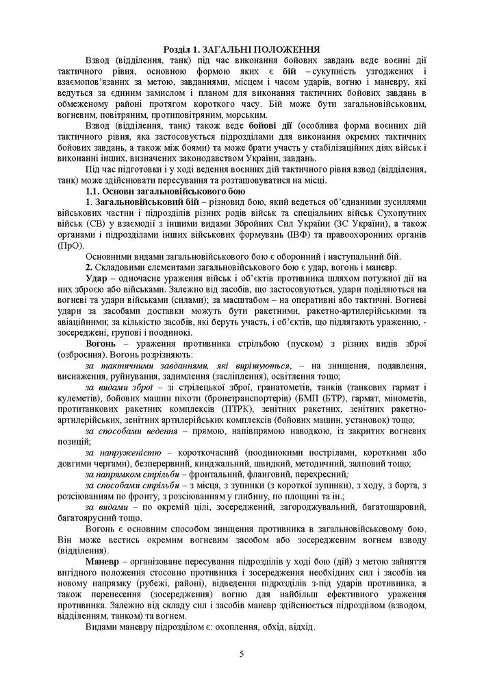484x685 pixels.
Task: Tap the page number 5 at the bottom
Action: (x=242, y=653)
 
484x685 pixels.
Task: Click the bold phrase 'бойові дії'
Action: (x=250, y=127)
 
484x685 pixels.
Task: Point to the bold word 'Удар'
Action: (x=97, y=281)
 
